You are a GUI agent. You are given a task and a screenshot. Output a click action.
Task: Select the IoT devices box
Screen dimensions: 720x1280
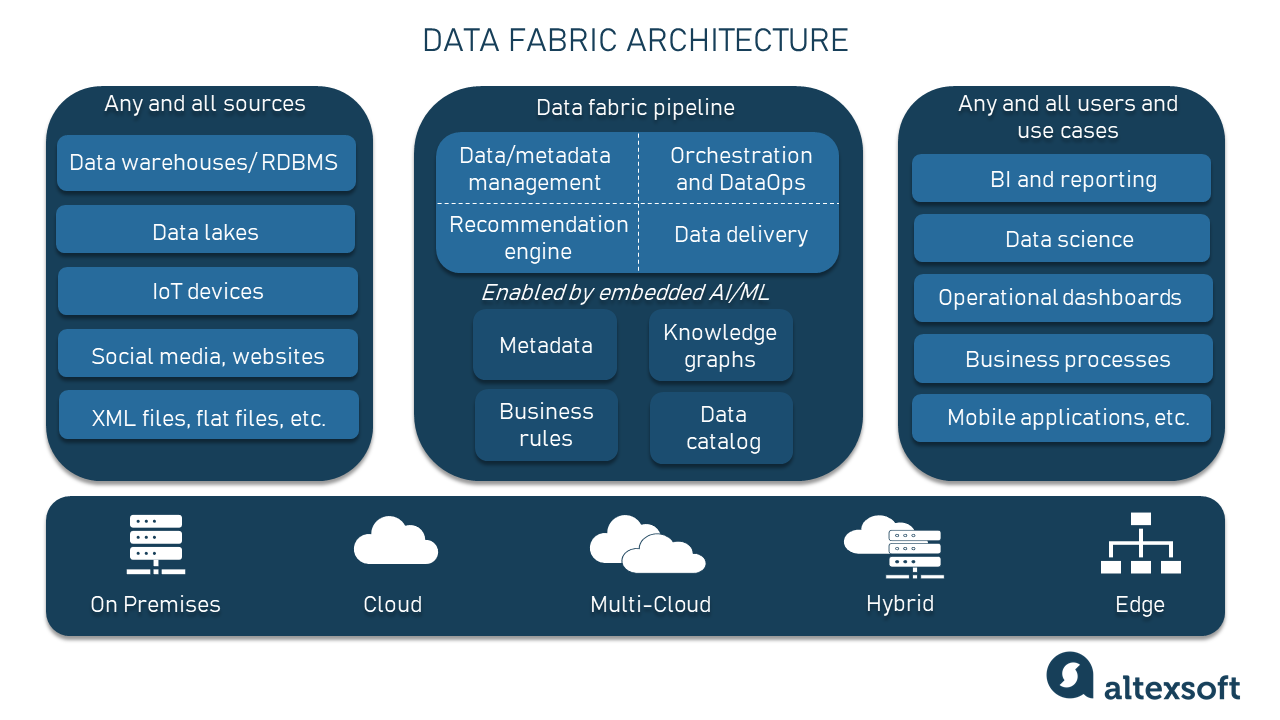tap(207, 291)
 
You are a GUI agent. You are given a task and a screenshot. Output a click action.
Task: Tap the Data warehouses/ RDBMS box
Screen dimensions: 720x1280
tap(206, 163)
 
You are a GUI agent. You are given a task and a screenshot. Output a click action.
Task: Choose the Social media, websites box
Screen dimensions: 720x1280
tap(207, 354)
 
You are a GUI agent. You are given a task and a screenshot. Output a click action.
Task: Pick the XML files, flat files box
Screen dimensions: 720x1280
tap(208, 416)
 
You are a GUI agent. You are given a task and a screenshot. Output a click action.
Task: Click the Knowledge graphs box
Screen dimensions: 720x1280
tap(720, 346)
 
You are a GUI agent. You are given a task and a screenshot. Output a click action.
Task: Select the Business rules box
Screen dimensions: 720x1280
tap(546, 425)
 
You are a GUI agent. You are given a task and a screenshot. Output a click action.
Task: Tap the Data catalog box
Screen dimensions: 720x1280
tap(722, 428)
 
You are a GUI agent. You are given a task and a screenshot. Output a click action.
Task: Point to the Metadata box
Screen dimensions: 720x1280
tap(545, 345)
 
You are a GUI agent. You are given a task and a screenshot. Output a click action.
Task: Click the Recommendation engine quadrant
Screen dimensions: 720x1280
tap(538, 238)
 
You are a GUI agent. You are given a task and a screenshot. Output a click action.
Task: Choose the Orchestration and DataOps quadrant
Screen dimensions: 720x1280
tap(740, 169)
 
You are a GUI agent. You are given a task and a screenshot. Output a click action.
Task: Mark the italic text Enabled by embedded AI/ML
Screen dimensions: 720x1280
tap(625, 292)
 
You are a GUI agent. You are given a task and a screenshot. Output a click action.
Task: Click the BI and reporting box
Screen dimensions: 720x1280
tap(1061, 179)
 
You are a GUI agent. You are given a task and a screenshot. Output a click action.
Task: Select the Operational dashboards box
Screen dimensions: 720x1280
tap(1062, 298)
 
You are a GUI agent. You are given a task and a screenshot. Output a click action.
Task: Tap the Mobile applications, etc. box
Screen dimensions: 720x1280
tap(1062, 418)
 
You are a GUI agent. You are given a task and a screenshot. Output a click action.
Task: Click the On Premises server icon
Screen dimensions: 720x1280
tap(155, 544)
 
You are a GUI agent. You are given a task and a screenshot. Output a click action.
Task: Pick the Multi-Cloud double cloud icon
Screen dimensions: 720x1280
tap(647, 545)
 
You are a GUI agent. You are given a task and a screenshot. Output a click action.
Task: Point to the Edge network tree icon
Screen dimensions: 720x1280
tap(1140, 544)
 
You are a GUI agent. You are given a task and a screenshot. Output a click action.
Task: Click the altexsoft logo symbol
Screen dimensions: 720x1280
tap(1070, 675)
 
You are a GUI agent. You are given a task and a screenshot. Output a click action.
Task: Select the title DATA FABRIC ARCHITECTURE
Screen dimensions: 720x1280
tap(635, 40)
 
